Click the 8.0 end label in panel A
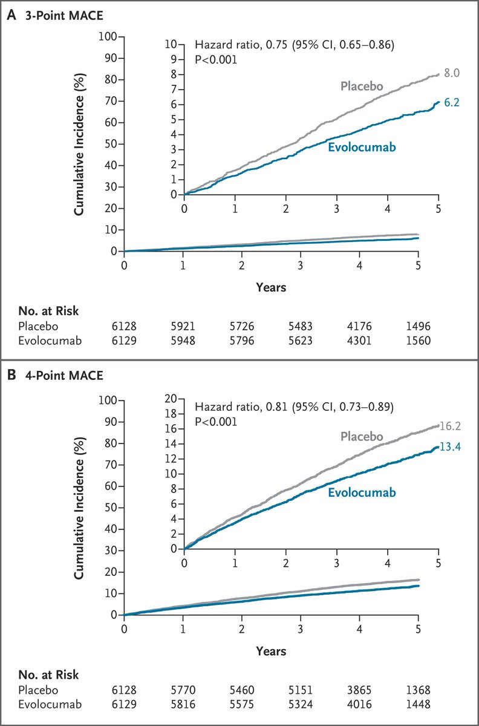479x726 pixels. click(x=452, y=73)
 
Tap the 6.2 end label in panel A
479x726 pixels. click(x=452, y=103)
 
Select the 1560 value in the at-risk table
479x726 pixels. click(x=418, y=341)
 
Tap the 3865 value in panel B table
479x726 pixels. click(x=359, y=690)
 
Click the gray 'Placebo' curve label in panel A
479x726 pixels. click(x=362, y=86)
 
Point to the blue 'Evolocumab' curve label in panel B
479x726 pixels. click(x=362, y=492)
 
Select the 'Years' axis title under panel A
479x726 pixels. click(x=270, y=287)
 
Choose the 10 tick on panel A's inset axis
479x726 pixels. click(x=174, y=44)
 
